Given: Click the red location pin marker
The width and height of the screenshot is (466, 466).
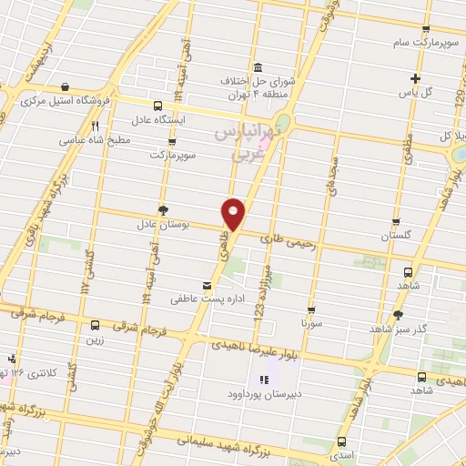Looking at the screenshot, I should pos(234,214).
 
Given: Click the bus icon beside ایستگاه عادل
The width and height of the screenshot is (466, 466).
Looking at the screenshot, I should pos(158,106).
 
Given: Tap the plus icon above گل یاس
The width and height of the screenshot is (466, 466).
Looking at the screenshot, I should pos(416,78).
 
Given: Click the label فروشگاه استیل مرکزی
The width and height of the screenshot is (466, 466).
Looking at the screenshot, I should pos(86,98).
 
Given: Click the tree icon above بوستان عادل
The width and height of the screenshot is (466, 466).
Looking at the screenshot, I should pos(163,209).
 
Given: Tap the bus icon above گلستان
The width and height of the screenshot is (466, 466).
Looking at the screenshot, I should pos(397,222).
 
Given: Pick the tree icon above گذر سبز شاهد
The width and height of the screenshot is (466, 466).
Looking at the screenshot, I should pos(398,315).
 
